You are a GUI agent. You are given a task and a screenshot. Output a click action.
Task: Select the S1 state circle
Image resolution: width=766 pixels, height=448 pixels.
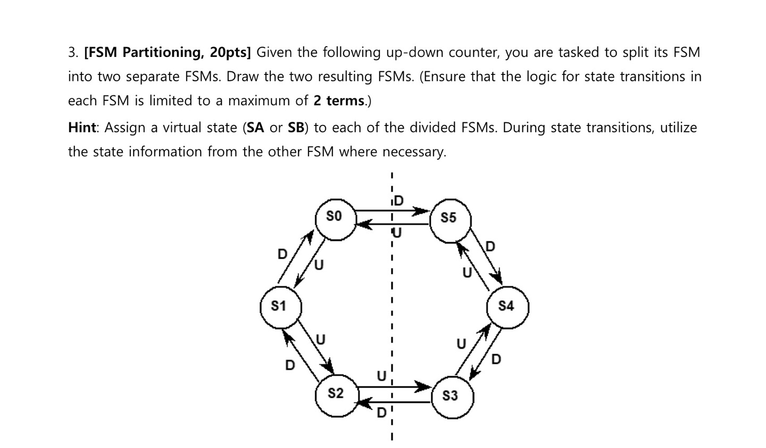[280, 307]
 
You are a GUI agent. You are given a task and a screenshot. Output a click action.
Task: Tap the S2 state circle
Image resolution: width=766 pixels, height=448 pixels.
[336, 394]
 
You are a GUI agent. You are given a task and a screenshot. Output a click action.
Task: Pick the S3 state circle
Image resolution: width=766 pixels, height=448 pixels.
[451, 396]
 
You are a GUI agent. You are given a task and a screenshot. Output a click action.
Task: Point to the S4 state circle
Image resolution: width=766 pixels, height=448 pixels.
[507, 307]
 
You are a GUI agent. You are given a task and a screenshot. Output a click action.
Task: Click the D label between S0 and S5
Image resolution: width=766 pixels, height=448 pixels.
[398, 201]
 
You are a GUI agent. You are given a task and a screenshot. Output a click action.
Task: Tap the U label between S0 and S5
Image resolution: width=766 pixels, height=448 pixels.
[397, 233]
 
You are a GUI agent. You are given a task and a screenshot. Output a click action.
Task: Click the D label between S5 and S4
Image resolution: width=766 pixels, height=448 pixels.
[490, 247]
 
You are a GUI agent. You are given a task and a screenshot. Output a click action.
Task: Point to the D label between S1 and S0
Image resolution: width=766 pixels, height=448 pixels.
[282, 254]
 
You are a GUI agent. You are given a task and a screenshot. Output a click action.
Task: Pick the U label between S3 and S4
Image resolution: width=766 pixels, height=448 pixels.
[461, 344]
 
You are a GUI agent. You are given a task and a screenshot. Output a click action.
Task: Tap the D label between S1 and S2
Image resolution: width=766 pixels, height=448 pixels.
[290, 365]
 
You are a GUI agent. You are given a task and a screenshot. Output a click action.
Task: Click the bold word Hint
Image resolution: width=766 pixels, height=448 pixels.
[82, 128]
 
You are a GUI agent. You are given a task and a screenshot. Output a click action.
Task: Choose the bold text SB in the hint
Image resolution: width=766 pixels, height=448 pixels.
[296, 128]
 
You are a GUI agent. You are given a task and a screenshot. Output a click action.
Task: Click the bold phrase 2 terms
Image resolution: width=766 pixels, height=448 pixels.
[339, 100]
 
